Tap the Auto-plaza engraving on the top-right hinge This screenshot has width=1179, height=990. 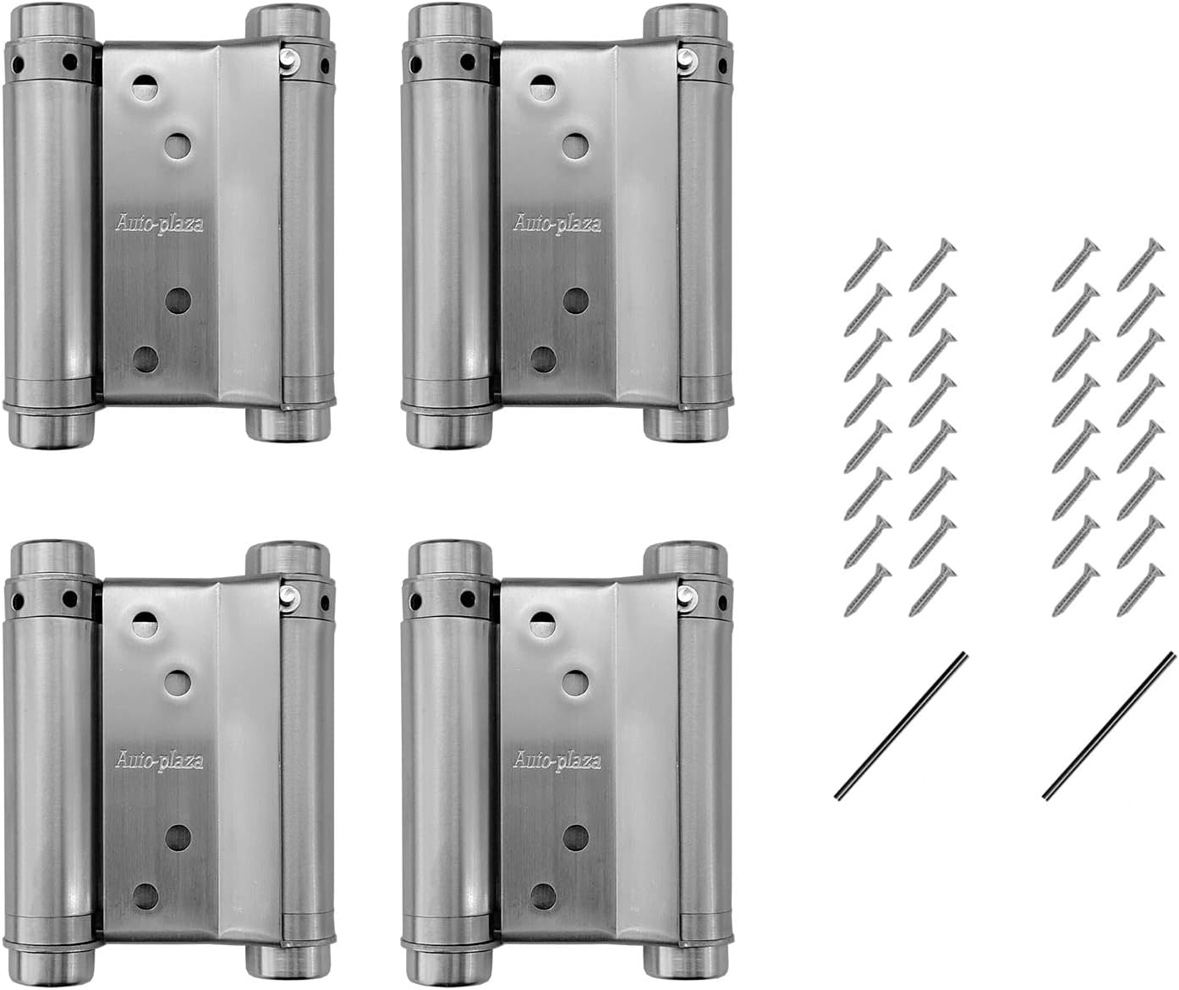(557, 225)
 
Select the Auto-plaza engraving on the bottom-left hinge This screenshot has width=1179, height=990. (159, 761)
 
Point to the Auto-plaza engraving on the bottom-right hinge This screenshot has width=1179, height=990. (557, 760)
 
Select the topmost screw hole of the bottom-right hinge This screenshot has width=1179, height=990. (543, 625)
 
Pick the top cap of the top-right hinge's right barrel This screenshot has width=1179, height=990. (685, 20)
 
